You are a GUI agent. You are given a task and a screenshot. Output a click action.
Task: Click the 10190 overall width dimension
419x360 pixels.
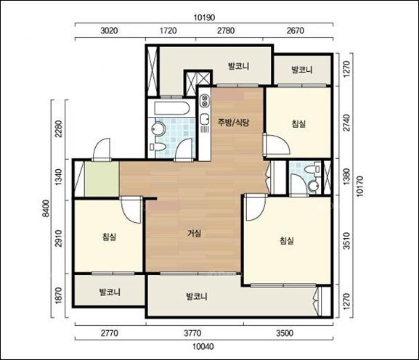[204, 17]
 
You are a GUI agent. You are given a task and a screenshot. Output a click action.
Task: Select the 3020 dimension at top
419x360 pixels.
[109, 30]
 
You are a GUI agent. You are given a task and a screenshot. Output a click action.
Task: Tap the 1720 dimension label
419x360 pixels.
[168, 30]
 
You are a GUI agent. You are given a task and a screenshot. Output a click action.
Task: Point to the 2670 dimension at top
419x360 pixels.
[296, 30]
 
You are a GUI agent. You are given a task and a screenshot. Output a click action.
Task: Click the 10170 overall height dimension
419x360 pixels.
[359, 186]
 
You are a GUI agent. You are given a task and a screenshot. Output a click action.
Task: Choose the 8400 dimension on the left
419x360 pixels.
[46, 208]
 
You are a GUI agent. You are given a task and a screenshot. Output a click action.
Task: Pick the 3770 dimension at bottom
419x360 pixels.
[192, 333]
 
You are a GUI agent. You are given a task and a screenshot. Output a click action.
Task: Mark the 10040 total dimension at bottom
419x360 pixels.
[203, 347]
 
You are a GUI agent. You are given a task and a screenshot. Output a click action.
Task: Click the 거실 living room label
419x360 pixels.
[195, 234]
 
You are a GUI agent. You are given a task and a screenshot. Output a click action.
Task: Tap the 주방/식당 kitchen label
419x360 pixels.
[234, 123]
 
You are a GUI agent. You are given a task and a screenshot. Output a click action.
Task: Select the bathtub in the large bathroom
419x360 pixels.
[172, 108]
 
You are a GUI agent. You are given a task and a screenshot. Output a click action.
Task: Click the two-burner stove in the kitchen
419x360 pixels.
[205, 100]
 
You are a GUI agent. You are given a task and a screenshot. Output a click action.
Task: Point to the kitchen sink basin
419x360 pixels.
[205, 119]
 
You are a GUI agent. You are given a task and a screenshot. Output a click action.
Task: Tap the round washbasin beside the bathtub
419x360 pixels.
[159, 129]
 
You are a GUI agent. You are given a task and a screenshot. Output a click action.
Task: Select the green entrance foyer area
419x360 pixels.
[102, 179]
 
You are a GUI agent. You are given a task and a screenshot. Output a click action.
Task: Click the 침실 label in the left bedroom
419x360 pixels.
[110, 237]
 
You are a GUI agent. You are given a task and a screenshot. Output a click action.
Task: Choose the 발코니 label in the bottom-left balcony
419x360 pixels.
[110, 292]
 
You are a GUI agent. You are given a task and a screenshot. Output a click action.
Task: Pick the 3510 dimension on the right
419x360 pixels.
[346, 241]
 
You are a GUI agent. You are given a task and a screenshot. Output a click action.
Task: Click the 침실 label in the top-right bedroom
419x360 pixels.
[298, 123]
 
